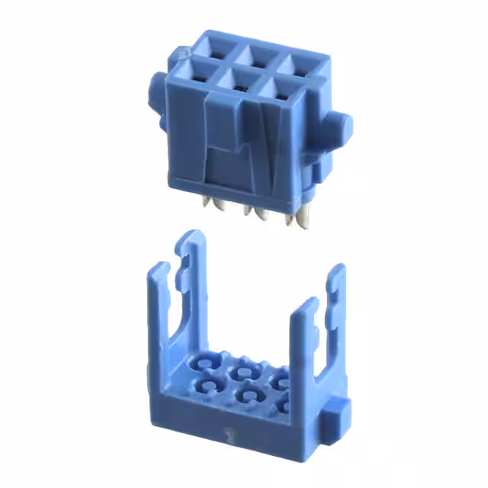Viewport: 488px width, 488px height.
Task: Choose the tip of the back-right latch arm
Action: click(x=338, y=271)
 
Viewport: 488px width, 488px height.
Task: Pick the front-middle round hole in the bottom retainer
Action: click(x=242, y=394)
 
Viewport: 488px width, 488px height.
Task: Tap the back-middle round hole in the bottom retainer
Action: click(x=246, y=371)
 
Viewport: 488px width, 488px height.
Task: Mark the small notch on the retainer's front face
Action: click(x=227, y=438)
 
